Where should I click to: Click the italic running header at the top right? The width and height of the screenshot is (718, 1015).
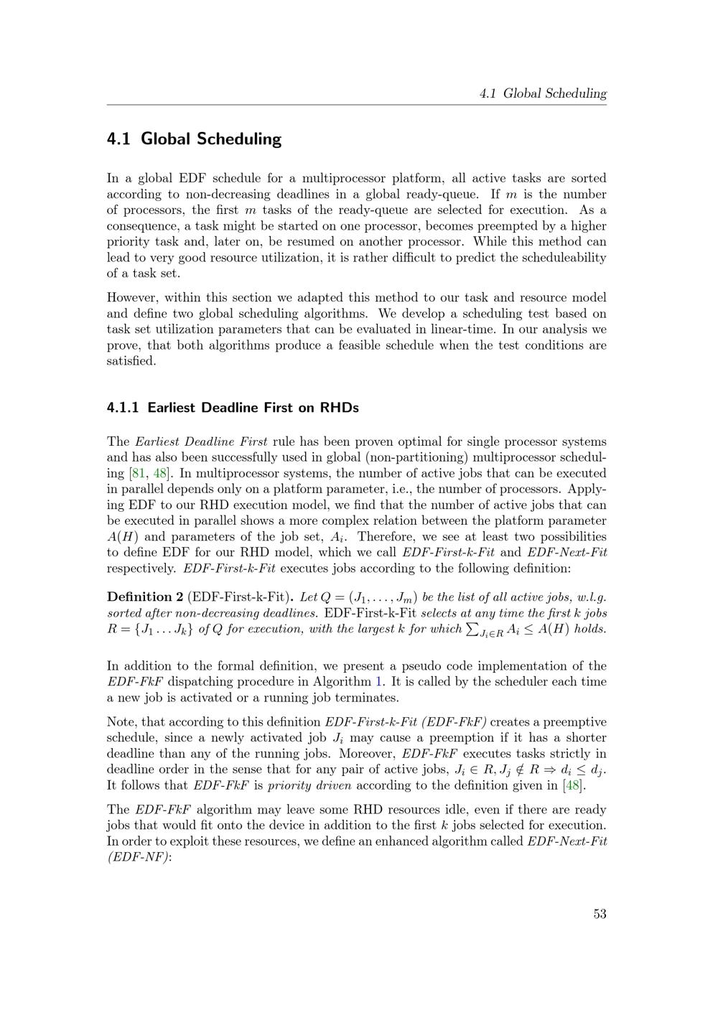[x=543, y=93]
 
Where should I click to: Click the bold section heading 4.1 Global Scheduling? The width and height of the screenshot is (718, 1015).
[x=194, y=139]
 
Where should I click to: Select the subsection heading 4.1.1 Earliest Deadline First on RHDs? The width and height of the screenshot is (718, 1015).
[x=233, y=408]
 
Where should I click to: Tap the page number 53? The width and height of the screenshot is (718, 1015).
[x=600, y=914]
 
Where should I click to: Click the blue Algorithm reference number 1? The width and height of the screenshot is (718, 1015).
[x=378, y=682]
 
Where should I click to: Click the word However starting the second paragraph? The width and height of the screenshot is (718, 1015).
[x=132, y=297]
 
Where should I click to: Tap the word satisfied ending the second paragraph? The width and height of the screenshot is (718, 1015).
[x=131, y=360]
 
